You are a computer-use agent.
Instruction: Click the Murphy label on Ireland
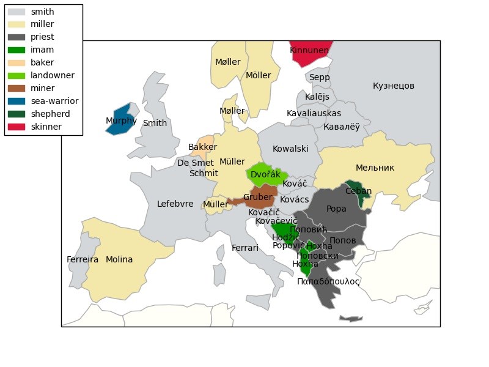121,121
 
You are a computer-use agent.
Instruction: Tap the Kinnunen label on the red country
309,50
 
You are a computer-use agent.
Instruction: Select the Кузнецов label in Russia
394,86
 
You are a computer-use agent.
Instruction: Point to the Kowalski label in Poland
290,149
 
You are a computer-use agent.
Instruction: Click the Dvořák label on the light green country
265,175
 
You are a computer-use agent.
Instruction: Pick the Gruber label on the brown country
257,197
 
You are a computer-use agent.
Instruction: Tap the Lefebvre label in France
175,204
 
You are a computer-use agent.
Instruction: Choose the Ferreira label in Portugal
83,259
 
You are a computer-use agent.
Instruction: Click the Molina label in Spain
119,259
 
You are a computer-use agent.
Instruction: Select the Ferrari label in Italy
245,248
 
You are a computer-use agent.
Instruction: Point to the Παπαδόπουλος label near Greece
328,281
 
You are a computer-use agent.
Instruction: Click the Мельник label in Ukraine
375,168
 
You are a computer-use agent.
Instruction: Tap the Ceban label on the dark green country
358,191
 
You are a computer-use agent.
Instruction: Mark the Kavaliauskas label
314,113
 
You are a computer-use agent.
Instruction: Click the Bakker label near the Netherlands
202,147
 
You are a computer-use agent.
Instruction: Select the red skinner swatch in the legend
17,127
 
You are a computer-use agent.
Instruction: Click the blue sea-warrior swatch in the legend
17,102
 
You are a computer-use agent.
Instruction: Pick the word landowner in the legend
53,76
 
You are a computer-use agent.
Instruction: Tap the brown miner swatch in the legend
17,89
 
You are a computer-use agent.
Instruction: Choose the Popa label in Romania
336,209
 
